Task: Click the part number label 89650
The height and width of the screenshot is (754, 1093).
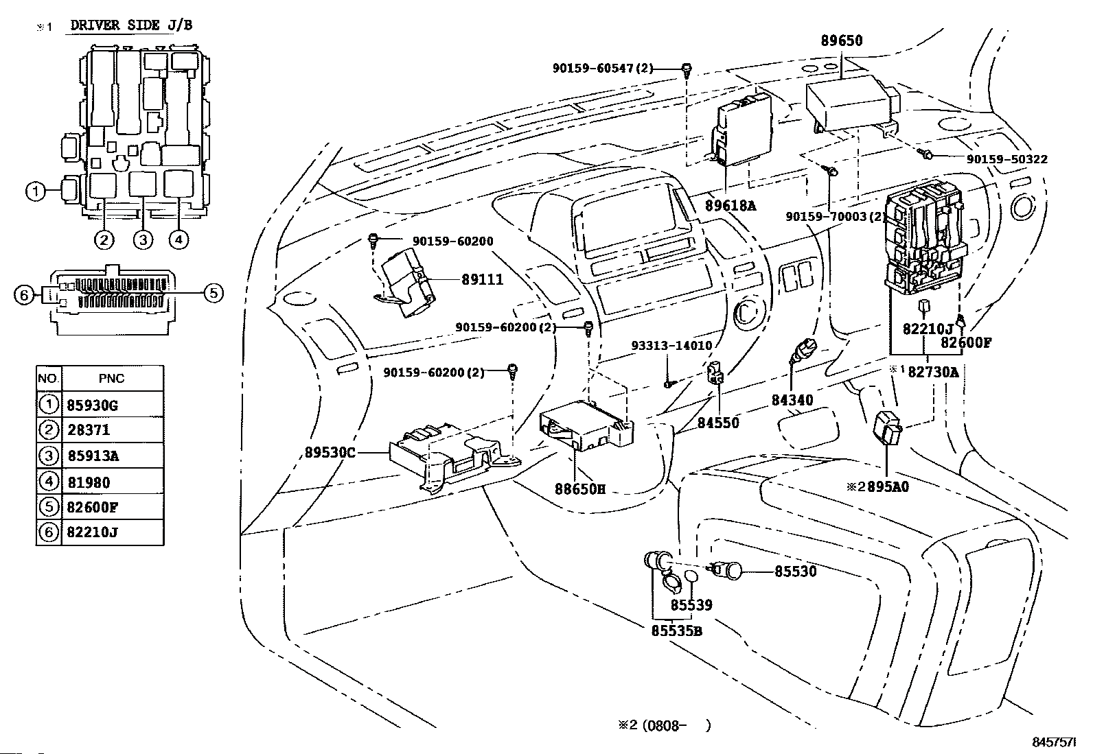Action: [x=842, y=40]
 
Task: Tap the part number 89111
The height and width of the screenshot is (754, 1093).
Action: [x=482, y=280]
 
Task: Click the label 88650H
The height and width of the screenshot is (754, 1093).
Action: [x=580, y=490]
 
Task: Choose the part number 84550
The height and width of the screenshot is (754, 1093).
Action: [x=718, y=423]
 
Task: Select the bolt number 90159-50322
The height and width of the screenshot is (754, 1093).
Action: [x=1006, y=159]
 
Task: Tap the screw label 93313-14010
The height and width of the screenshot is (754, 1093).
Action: [x=672, y=346]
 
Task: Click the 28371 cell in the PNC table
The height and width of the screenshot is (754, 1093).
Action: [x=89, y=430]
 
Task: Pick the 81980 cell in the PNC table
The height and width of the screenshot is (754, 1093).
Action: [x=89, y=482]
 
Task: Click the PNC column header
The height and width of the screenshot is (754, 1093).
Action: [x=112, y=379]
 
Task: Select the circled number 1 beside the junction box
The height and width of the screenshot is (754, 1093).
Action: [x=36, y=191]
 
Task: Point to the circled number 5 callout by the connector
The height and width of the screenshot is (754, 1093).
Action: [x=214, y=294]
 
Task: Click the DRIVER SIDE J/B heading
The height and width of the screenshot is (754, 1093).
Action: [x=131, y=26]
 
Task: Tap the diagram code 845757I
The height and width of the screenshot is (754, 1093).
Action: [x=1055, y=742]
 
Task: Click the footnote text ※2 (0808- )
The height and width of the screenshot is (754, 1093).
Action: [x=661, y=725]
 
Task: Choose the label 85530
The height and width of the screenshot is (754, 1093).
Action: [x=796, y=571]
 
